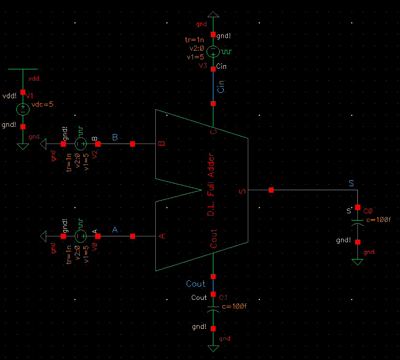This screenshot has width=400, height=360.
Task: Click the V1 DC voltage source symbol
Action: coord(23,109)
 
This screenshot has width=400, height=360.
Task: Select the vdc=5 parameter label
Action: coord(42,104)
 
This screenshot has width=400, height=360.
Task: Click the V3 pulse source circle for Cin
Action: coord(213,52)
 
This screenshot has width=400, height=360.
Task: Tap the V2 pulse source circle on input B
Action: coord(81,144)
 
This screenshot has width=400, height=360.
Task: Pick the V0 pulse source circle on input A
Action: coord(81,236)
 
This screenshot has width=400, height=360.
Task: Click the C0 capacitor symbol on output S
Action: coord(357,222)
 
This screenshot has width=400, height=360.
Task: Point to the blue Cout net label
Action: coord(196,284)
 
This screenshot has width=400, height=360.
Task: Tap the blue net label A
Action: coord(115,230)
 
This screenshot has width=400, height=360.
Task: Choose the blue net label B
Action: coord(115,137)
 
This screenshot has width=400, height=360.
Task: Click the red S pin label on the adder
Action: coord(242,191)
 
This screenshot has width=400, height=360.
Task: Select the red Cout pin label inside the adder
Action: coord(214,239)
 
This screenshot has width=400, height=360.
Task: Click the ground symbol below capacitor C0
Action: coord(357,262)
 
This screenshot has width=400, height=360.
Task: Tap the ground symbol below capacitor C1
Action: coord(213,348)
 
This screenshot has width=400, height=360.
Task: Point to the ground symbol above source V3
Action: coord(213,14)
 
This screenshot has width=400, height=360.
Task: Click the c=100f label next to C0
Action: coord(378,220)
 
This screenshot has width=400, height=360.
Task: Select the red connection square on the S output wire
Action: coord(271,190)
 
